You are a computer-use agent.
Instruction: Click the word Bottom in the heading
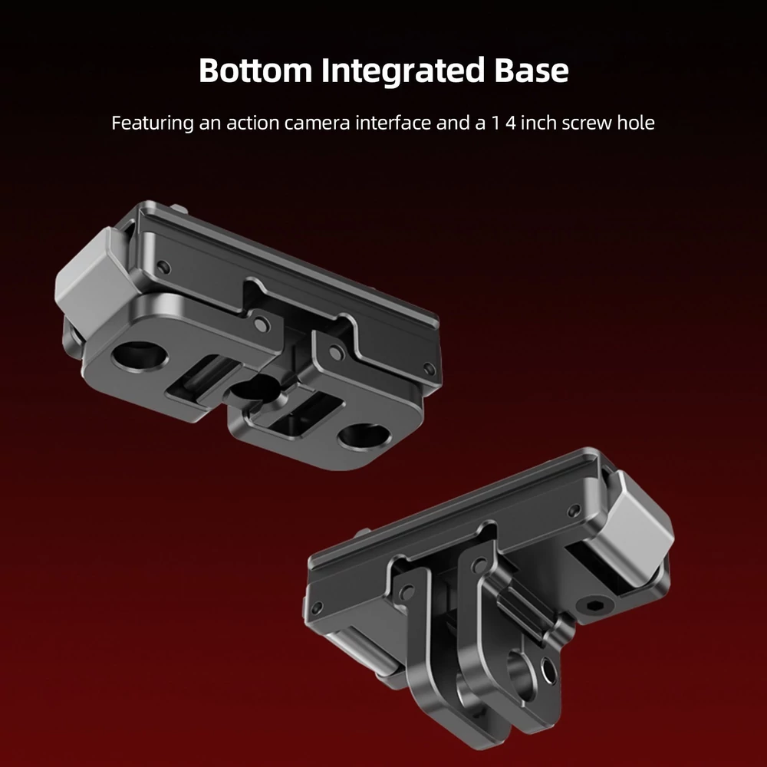pyautogui.click(x=255, y=70)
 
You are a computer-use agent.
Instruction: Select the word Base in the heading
pyautogui.click(x=532, y=70)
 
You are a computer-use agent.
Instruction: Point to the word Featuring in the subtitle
pyautogui.click(x=153, y=123)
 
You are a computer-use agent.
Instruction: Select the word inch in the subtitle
pyautogui.click(x=538, y=122)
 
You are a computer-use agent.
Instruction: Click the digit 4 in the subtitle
pyautogui.click(x=511, y=123)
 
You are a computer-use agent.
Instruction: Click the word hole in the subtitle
pyautogui.click(x=635, y=122)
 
